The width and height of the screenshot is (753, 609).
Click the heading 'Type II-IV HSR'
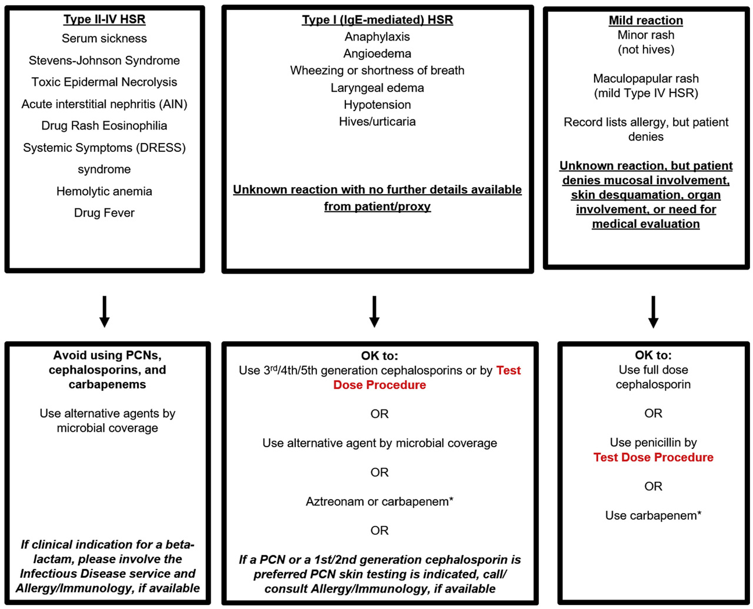[x=104, y=19]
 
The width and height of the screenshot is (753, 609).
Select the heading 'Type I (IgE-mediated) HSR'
[x=377, y=20]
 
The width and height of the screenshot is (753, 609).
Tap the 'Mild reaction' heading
[x=645, y=21]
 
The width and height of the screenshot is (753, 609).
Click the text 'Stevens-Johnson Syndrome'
[x=104, y=61]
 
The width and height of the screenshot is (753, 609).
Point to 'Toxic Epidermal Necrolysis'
[x=104, y=82]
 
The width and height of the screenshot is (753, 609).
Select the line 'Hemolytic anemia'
[x=104, y=191]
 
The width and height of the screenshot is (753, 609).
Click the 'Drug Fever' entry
[x=104, y=213]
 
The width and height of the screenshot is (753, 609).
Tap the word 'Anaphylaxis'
[x=377, y=37]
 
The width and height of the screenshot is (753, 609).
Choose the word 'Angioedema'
[x=377, y=54]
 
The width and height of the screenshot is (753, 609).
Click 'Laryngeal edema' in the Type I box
[x=377, y=88]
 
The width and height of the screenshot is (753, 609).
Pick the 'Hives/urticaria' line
[x=377, y=122]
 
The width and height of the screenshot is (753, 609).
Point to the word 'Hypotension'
[x=377, y=105]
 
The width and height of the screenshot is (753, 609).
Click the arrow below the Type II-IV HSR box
[x=104, y=312]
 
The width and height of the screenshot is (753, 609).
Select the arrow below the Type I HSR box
[x=374, y=312]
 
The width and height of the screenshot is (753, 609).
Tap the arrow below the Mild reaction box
[x=654, y=312]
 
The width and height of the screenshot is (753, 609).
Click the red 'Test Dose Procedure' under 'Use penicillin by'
[x=654, y=457]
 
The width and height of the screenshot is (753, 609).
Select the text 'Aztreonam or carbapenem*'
[x=379, y=501]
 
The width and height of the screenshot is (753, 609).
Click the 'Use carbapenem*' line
[x=654, y=515]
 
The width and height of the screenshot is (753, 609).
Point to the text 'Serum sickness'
[x=104, y=38]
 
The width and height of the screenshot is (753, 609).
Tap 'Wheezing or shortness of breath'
[x=377, y=71]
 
